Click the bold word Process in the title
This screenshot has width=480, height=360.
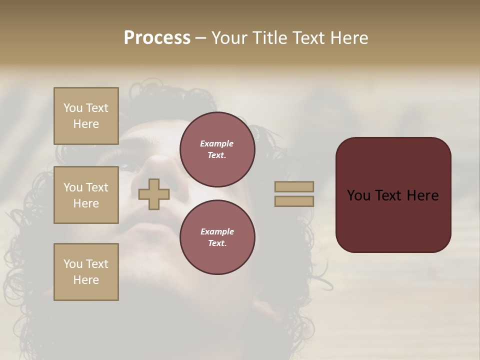click(157, 38)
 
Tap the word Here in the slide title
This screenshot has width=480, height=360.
click(348, 38)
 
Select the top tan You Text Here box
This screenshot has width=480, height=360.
click(86, 116)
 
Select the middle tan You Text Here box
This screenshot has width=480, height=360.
click(86, 195)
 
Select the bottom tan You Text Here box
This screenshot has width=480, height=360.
click(86, 272)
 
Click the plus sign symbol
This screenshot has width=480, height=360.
click(154, 194)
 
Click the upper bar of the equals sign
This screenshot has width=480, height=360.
click(294, 186)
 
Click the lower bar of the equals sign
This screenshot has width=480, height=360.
click(294, 201)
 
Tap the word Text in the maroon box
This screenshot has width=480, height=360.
click(389, 195)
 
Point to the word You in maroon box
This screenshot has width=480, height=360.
click(358, 195)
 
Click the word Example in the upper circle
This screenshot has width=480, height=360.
click(217, 143)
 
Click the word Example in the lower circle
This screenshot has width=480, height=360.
click(217, 231)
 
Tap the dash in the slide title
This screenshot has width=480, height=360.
click(201, 38)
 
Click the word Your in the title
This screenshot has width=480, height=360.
click(229, 38)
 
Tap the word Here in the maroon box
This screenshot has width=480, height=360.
click(423, 195)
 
